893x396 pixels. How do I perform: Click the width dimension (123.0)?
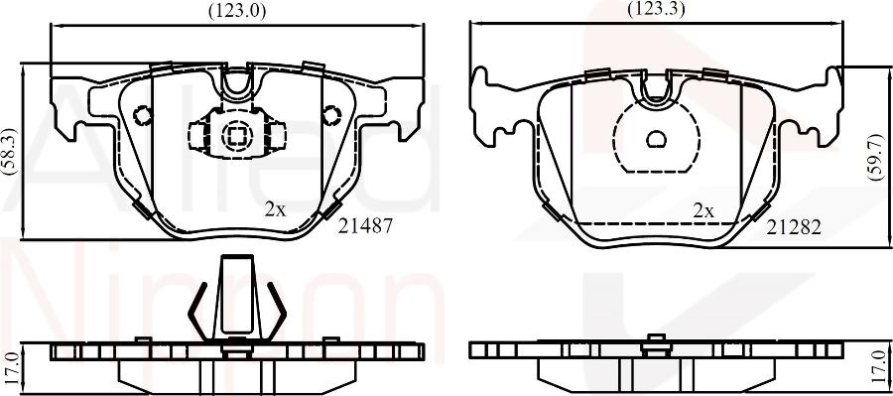237,10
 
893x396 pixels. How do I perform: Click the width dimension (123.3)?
656,8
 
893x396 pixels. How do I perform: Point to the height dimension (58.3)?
11,151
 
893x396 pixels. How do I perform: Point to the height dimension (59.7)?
875,158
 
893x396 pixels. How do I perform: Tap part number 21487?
365,226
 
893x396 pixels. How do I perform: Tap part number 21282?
794,228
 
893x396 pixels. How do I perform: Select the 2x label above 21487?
275,210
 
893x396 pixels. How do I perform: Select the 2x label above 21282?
703,212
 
